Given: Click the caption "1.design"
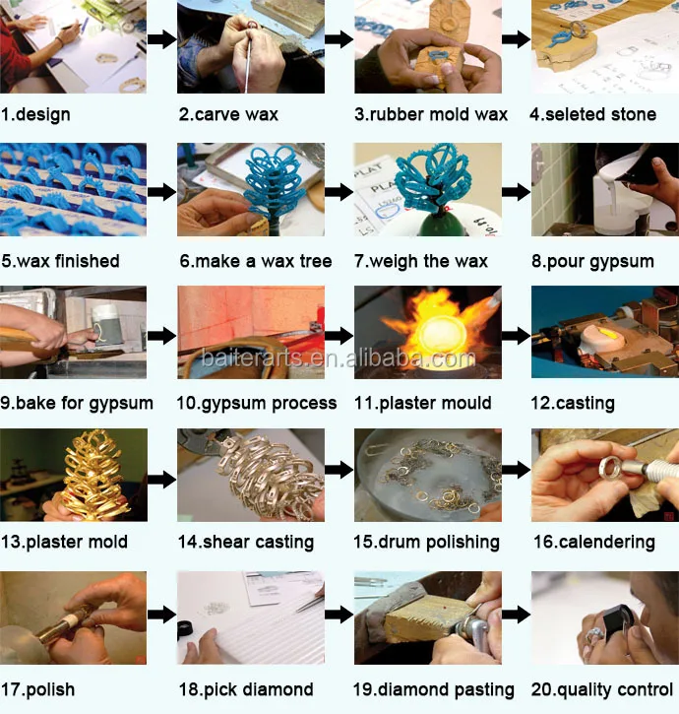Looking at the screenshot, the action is coord(35,114).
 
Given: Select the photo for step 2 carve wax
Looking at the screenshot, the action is coord(251,47).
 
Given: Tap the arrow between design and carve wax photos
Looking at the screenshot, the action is coord(162,39).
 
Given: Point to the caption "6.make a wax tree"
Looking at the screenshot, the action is coord(255,261).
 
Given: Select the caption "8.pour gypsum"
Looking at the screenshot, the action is coord(592,261).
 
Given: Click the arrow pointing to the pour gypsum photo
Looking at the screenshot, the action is coord(516,192).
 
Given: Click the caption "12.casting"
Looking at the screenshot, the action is coord(573,403).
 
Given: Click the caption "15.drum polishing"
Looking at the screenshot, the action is coord(426,542).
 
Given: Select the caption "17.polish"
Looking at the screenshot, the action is coord(37,689).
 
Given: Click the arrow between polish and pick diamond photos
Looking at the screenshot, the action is coord(162,616).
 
